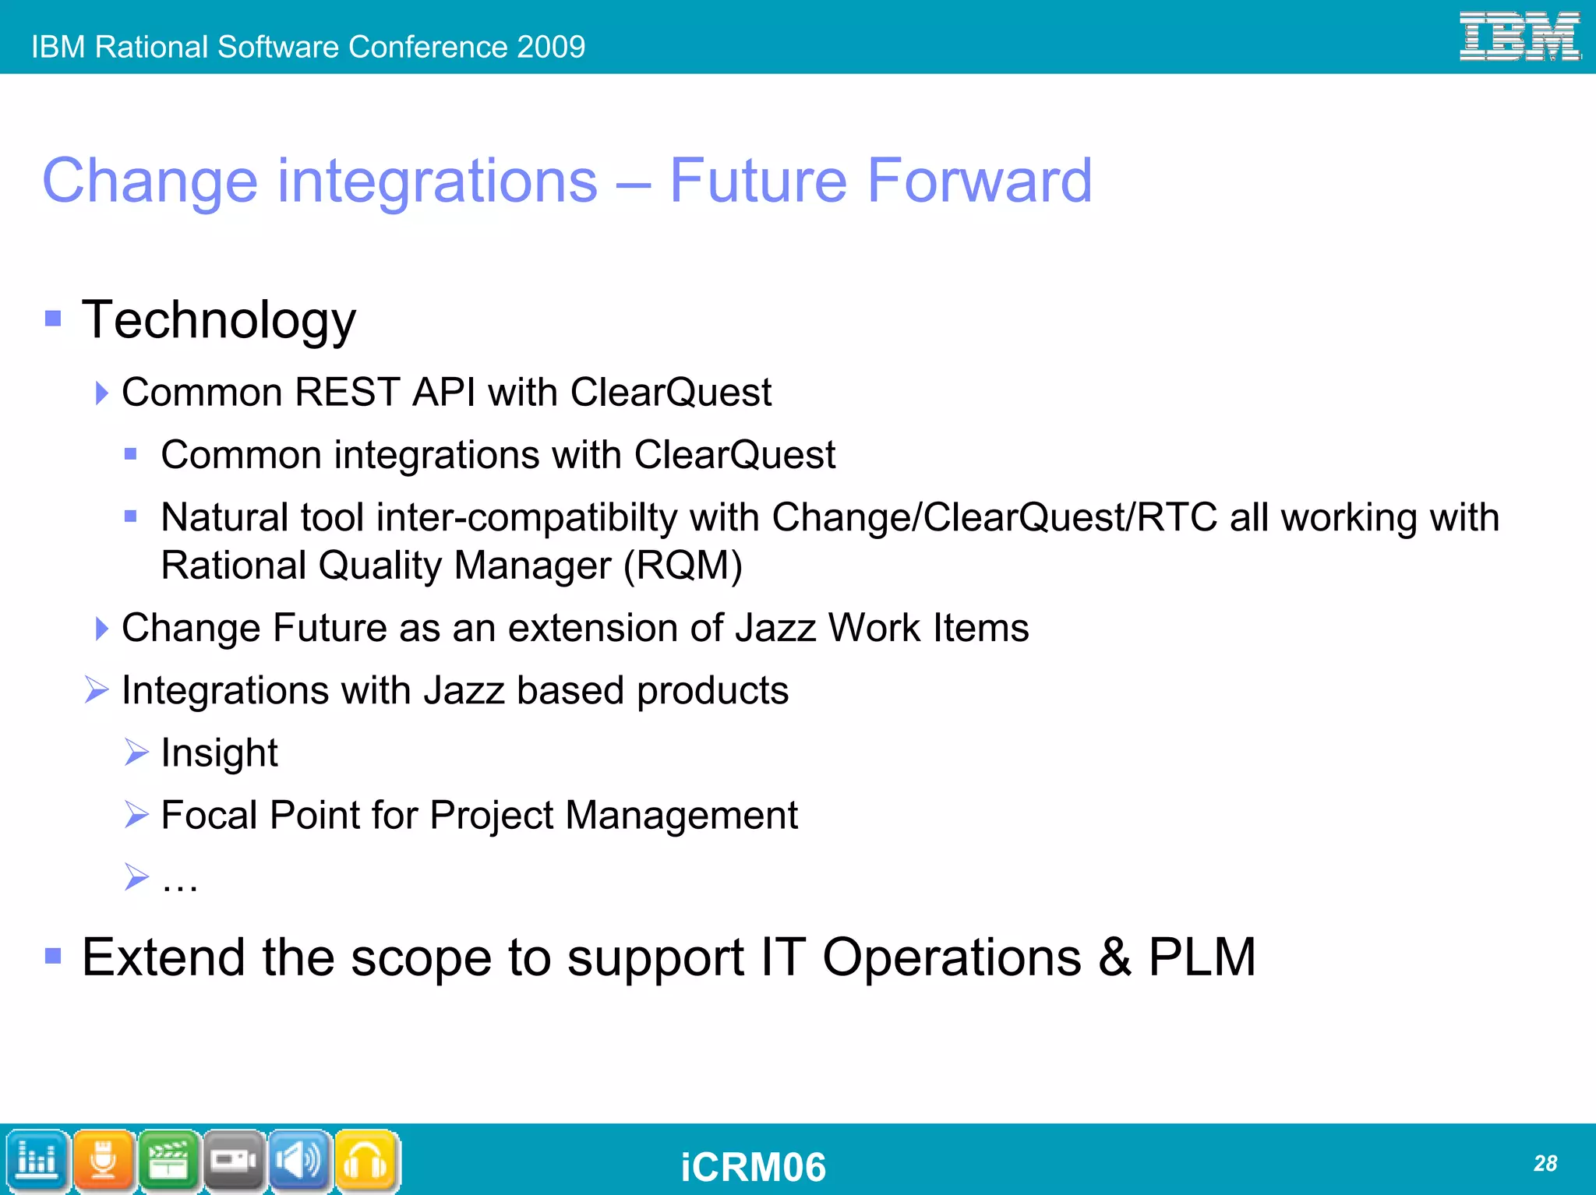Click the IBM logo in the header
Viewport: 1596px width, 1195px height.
(1519, 37)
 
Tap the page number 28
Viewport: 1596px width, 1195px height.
(1545, 1163)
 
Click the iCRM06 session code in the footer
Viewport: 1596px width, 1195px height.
(753, 1167)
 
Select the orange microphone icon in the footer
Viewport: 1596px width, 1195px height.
(103, 1161)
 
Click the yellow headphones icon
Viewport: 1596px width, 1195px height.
(365, 1161)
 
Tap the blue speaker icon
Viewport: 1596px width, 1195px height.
(299, 1161)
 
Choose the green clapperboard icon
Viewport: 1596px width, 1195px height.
(168, 1161)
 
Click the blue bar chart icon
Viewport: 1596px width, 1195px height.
(37, 1161)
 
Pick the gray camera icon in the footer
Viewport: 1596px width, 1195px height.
(234, 1161)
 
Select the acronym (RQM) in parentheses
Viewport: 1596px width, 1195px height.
(683, 566)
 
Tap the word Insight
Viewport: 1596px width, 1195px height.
(219, 753)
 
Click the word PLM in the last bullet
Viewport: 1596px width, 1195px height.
(1202, 957)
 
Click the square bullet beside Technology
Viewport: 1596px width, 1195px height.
(53, 318)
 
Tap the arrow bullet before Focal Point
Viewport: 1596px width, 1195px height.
(136, 815)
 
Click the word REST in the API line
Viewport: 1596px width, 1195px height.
(347, 392)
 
